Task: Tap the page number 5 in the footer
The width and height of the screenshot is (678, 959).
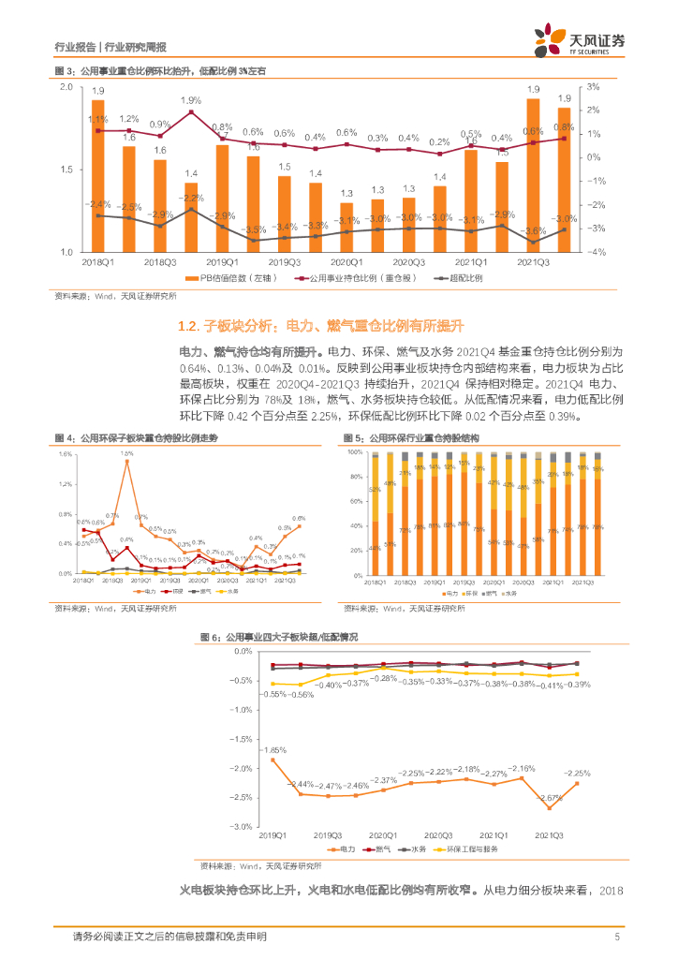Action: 616,937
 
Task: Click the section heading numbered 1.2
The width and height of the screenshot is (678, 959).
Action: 321,326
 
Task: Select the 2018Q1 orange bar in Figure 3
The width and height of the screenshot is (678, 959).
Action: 98,176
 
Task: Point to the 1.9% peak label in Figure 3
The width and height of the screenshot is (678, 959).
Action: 191,100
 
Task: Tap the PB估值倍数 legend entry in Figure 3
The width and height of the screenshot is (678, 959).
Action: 222,279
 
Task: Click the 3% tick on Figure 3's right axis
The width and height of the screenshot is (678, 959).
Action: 592,86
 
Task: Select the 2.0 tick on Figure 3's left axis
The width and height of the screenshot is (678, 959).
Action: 66,86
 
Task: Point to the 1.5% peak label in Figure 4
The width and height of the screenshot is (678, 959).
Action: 126,452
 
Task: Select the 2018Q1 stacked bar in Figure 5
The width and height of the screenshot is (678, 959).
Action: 375,514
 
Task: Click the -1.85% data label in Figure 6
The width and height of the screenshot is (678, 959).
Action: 273,750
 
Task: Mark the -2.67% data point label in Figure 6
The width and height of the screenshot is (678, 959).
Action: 550,797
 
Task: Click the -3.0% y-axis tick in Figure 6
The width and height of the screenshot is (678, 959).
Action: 242,826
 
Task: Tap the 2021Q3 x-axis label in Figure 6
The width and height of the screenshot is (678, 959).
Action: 550,834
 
